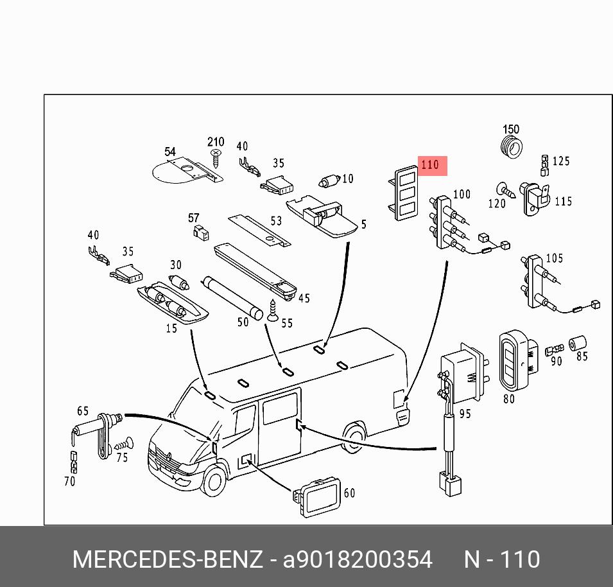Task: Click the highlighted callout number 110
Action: (x=430, y=165)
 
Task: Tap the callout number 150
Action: (x=511, y=130)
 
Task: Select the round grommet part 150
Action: (x=511, y=147)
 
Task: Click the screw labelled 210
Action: (x=216, y=156)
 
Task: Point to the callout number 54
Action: (x=169, y=152)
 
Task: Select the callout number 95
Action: (x=465, y=414)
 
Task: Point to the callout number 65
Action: (x=83, y=410)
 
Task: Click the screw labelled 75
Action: (x=125, y=443)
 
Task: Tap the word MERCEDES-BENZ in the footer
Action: (x=168, y=559)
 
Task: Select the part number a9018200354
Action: (x=358, y=559)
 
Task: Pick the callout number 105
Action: (x=554, y=258)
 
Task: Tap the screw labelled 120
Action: (x=505, y=190)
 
